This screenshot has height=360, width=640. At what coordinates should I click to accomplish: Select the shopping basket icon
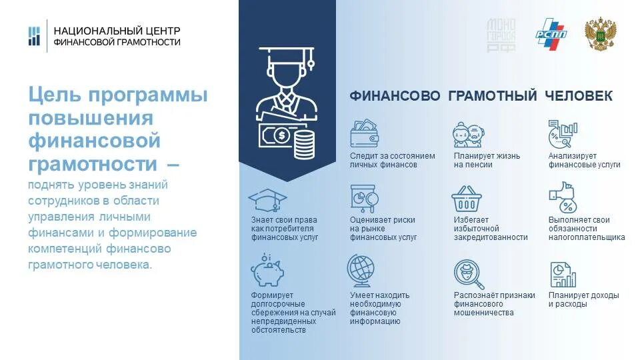(x=467, y=199)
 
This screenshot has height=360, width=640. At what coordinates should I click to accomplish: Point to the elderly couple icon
(x=467, y=134)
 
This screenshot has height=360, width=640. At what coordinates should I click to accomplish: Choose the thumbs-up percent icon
(x=561, y=198)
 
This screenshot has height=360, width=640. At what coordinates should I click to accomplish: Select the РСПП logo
(x=550, y=37)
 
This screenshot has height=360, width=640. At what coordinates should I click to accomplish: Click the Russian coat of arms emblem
(x=600, y=35)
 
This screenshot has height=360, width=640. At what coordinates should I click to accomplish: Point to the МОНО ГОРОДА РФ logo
(x=501, y=37)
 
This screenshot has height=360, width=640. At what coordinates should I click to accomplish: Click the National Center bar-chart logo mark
(x=34, y=36)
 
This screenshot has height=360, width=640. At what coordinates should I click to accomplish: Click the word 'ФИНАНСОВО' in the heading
(x=395, y=96)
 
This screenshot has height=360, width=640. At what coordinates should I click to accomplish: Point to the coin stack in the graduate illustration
(x=303, y=143)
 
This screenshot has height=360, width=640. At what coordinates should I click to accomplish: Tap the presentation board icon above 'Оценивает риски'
(x=363, y=198)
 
